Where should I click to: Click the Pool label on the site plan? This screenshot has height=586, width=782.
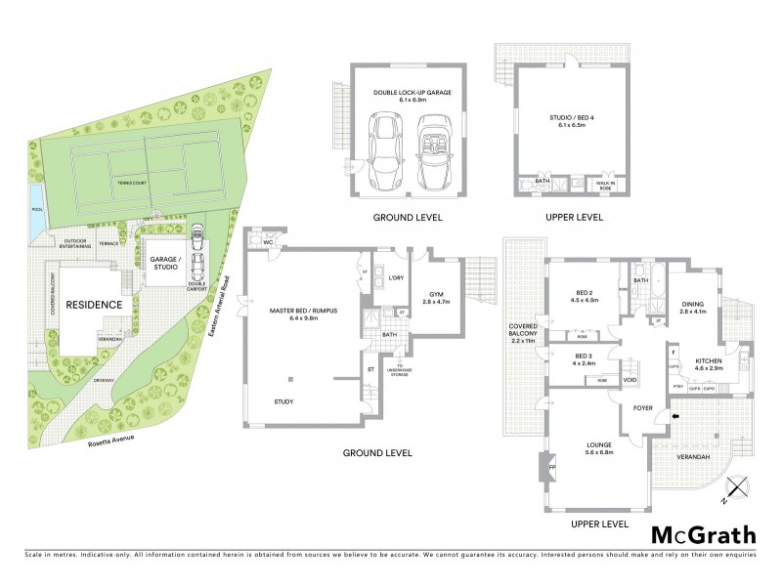(x=37, y=209)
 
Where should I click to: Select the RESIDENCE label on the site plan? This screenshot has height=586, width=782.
(x=94, y=305)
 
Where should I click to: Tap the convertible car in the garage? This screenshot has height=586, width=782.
(x=431, y=153)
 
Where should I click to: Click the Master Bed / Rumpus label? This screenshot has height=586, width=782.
(x=302, y=314)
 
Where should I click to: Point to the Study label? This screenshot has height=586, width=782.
(x=284, y=401)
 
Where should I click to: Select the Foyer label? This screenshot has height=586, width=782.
(x=641, y=407)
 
